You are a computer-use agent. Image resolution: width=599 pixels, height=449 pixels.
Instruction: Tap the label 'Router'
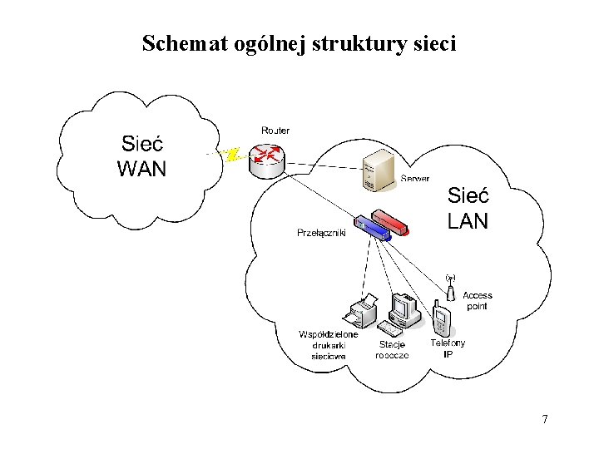click(x=275, y=131)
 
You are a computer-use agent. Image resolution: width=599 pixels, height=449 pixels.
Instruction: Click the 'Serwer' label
click(x=415, y=179)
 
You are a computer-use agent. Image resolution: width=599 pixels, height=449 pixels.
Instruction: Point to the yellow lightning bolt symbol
click(x=233, y=155)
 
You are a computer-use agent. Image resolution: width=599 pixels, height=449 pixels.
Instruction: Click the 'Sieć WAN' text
click(x=142, y=157)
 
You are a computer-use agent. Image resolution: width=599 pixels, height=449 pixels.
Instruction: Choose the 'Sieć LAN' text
click(x=468, y=208)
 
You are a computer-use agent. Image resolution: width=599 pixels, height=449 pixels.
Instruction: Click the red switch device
click(x=391, y=221)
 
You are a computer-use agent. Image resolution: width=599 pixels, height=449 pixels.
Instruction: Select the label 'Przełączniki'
click(x=321, y=233)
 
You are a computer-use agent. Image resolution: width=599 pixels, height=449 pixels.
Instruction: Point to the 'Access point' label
click(x=478, y=301)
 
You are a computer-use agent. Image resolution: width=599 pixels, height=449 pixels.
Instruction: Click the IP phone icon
click(x=440, y=320)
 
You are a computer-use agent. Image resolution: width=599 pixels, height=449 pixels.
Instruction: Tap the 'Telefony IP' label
click(x=448, y=348)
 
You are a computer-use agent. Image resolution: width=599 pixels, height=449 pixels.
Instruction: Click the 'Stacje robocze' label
click(x=392, y=350)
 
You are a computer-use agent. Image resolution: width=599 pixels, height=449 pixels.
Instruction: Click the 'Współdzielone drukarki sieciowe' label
click(x=329, y=345)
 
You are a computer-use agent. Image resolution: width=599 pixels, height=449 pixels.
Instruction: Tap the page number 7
click(x=545, y=419)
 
